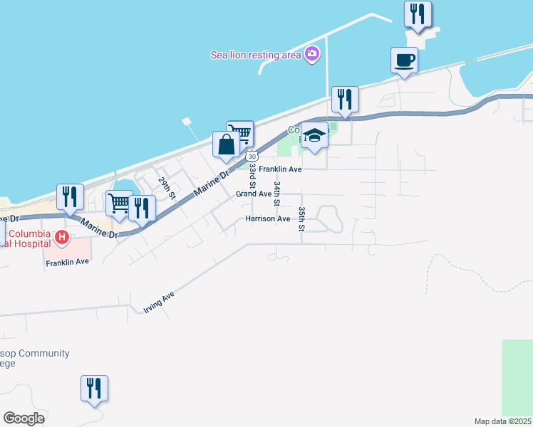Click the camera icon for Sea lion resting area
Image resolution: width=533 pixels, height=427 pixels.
[311, 54]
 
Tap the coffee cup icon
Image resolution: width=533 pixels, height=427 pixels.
[404, 60]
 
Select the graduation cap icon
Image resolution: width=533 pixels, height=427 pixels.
[314, 134]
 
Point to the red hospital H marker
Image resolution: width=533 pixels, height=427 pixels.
[62, 237]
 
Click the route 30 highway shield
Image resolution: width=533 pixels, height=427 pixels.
[251, 154]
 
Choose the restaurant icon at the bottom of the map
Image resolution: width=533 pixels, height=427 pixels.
[94, 388]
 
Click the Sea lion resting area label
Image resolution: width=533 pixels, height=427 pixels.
[255, 55]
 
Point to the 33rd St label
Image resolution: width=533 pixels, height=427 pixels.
[252, 176]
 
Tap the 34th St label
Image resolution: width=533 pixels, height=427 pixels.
[277, 193]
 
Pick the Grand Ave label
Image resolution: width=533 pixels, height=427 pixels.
[254, 194]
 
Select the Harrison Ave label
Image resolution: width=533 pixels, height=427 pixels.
[268, 219]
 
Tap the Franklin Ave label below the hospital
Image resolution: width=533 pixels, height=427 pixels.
[67, 262]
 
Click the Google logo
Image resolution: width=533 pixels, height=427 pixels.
[24, 418]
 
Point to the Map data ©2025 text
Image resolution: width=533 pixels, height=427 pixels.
[502, 421]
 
